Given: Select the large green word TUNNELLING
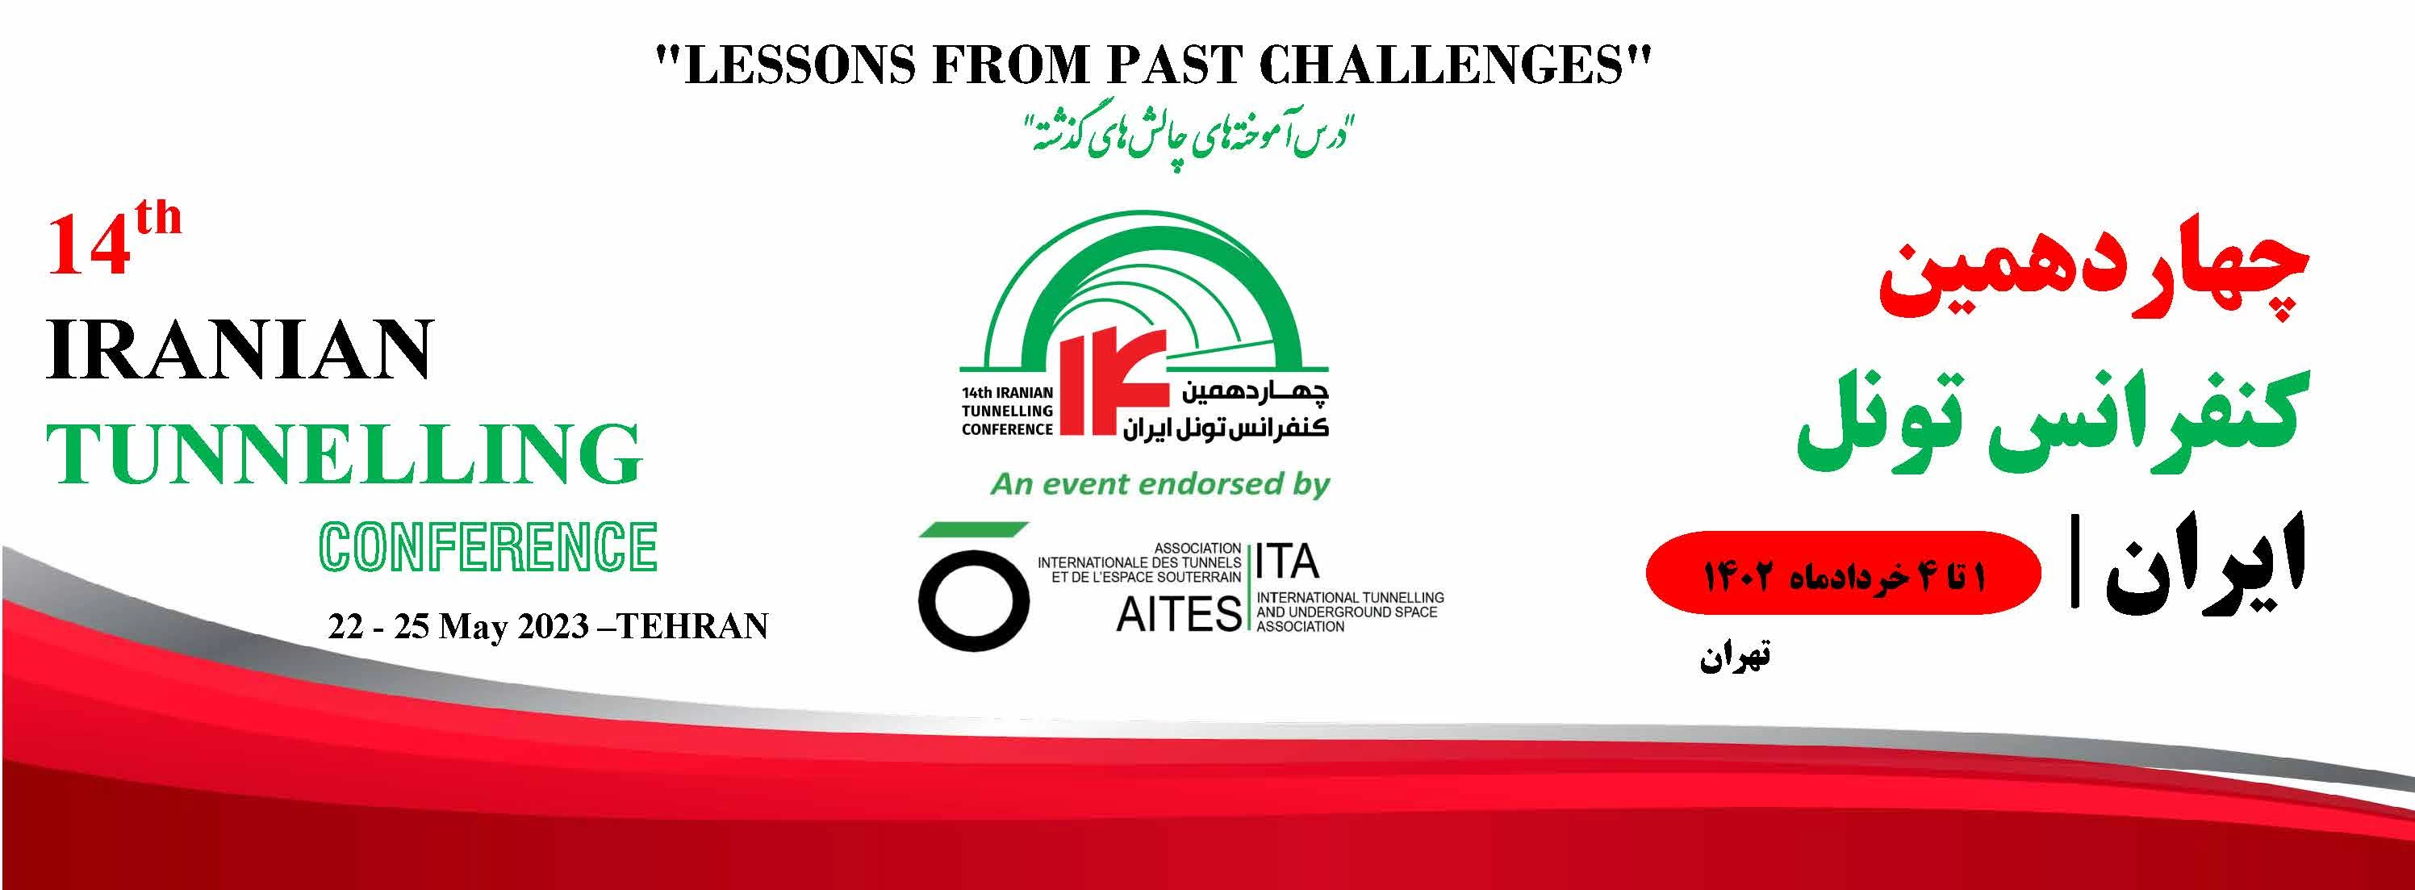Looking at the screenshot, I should click(x=344, y=455).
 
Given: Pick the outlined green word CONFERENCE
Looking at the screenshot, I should click(x=487, y=547).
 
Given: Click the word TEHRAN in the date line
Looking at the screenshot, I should click(x=693, y=626).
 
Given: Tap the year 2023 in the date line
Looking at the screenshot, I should click(x=554, y=626).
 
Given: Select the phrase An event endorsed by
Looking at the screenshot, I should click(x=1160, y=485).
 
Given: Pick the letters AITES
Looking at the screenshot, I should click(x=1178, y=614).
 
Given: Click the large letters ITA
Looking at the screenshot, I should click(x=1287, y=562).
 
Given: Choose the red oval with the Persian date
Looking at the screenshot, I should click(x=1843, y=573).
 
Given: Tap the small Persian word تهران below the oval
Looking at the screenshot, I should click(x=1734, y=657).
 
